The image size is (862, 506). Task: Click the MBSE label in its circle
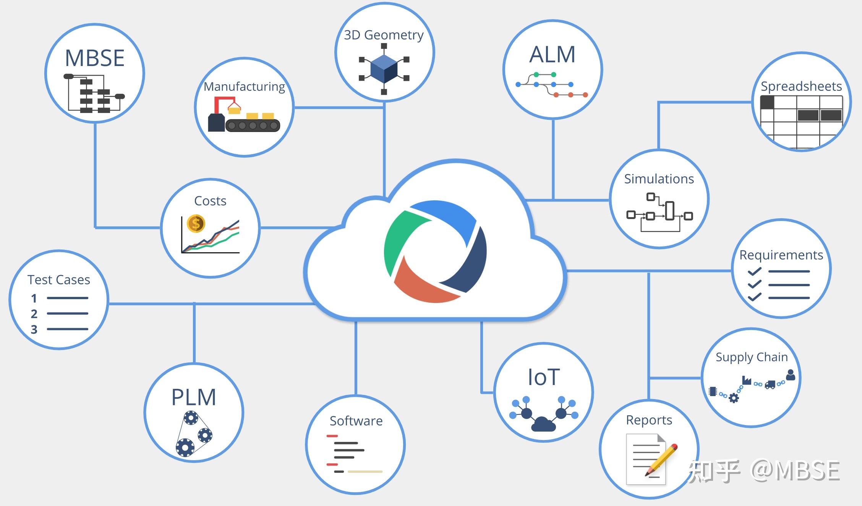click(95, 58)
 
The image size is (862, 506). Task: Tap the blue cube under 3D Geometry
click(384, 69)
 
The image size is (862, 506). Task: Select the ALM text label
click(552, 55)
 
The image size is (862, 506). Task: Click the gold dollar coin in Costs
click(196, 224)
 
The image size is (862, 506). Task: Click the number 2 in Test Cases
click(34, 314)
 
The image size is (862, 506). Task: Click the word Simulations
click(659, 179)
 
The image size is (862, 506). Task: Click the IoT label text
click(543, 377)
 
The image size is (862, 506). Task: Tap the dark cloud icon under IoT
click(543, 424)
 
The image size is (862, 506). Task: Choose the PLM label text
click(194, 397)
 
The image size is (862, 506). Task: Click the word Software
click(356, 421)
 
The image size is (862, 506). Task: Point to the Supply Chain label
click(751, 357)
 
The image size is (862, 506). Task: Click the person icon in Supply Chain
click(791, 375)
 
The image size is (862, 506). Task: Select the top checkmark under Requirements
click(754, 272)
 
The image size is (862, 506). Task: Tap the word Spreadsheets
click(801, 86)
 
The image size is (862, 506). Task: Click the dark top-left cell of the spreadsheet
click(767, 103)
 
